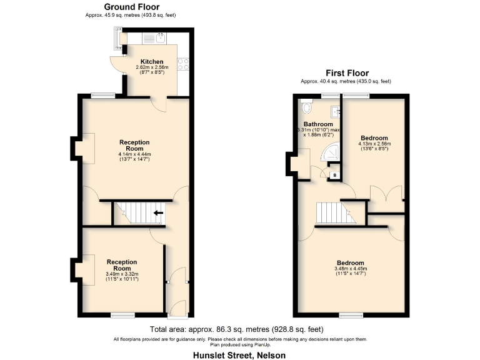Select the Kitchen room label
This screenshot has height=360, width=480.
[x=151, y=62]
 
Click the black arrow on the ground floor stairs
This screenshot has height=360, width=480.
[x=159, y=213]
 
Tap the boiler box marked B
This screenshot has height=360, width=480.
[x=334, y=176]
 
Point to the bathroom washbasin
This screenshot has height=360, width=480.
[x=336, y=111]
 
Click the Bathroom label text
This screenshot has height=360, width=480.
[x=318, y=124]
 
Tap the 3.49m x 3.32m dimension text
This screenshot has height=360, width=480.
[x=122, y=274]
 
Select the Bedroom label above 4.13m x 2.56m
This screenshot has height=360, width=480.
[x=374, y=138]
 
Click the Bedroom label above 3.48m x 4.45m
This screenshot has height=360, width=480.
[x=350, y=262]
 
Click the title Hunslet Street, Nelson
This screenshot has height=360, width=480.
[x=240, y=354]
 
